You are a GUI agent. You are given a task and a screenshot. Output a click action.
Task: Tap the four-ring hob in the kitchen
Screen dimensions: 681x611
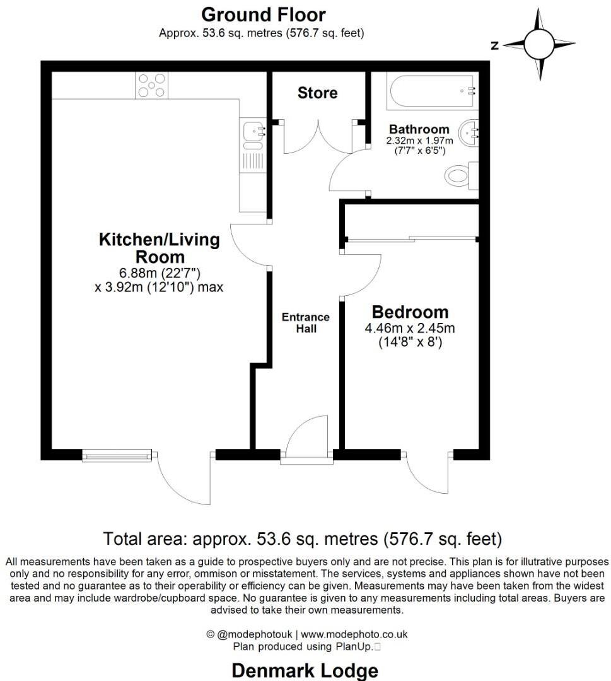[x=152, y=85]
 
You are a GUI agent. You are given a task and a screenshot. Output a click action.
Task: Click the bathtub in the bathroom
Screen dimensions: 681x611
[x=432, y=91]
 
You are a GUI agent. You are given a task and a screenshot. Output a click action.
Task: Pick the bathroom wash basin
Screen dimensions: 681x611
[x=470, y=132]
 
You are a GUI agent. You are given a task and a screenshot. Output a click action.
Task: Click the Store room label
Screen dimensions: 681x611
[x=317, y=93]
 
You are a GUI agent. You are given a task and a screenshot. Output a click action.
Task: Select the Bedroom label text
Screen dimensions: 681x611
[x=410, y=312]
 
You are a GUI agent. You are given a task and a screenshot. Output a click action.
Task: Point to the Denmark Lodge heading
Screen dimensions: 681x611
[x=305, y=670]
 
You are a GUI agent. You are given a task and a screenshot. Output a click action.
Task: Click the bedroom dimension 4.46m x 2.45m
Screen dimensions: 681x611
[x=410, y=329]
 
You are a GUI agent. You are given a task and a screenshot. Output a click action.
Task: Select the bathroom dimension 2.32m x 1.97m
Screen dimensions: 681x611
[x=420, y=141]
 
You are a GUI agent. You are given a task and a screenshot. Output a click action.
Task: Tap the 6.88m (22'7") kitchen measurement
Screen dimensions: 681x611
[x=158, y=272]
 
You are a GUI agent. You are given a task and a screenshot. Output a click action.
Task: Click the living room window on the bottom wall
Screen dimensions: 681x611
[x=118, y=454]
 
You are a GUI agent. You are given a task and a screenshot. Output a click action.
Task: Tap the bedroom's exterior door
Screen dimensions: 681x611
[x=427, y=470]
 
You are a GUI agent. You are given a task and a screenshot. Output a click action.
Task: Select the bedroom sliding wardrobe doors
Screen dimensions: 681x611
[x=411, y=239]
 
